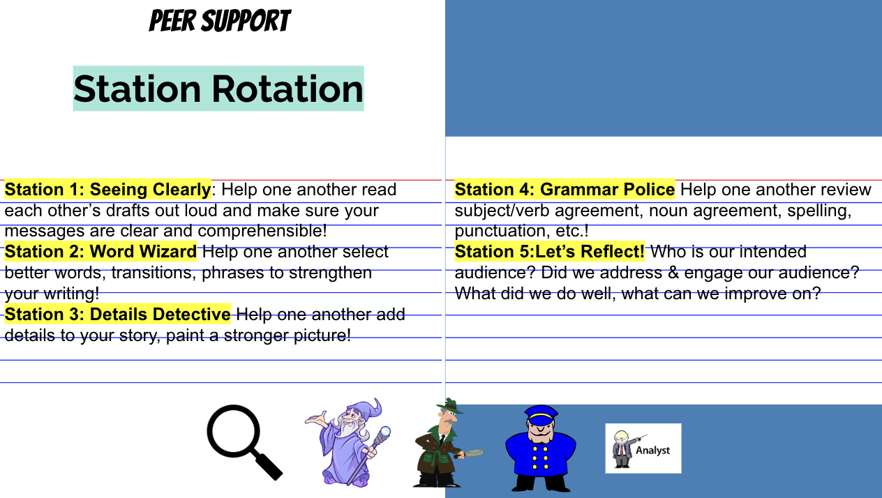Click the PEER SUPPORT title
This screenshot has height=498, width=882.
tap(220, 21)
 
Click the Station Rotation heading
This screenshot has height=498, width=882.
tap(218, 89)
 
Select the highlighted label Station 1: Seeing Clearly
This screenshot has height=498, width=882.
tap(107, 189)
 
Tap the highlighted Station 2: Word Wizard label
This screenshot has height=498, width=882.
tap(100, 252)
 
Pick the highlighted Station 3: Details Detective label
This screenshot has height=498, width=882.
tap(117, 314)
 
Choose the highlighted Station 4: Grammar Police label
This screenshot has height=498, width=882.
tap(565, 189)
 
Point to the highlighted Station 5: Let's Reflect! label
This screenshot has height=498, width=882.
tap(550, 252)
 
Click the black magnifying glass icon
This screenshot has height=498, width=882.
tap(244, 442)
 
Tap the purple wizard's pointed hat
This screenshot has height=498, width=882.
tap(364, 409)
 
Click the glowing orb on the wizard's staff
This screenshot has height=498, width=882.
tap(385, 432)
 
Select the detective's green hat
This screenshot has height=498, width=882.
tap(451, 406)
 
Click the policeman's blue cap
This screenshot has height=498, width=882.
tap(541, 415)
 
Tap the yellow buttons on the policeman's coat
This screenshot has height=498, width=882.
tap(540, 458)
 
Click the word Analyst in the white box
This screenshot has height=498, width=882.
tap(652, 451)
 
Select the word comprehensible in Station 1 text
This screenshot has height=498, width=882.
tap(262, 231)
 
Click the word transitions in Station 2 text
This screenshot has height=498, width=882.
tap(154, 273)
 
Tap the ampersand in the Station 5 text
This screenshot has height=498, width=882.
tap(673, 273)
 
